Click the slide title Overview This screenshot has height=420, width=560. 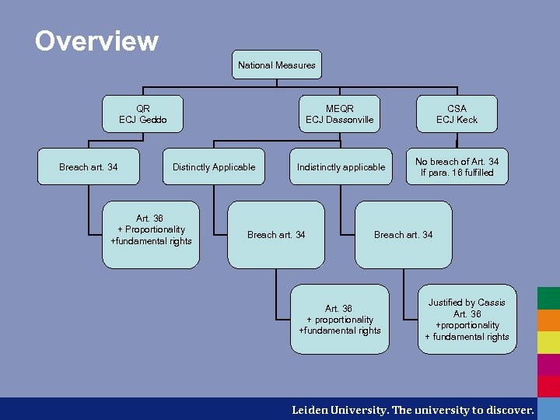96,40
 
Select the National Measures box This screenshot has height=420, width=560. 277,65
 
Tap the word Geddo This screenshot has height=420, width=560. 153,120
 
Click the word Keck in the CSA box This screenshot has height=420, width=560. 467,120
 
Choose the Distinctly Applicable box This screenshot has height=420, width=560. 214,167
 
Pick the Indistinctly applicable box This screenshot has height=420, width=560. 341,167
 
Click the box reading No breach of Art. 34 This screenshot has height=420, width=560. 457,166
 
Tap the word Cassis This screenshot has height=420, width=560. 492,303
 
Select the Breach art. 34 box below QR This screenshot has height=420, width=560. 89,167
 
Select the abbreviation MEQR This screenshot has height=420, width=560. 340,109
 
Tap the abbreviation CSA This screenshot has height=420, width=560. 457,109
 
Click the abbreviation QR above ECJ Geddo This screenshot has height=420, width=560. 143,109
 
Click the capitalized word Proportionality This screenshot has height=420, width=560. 155,229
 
